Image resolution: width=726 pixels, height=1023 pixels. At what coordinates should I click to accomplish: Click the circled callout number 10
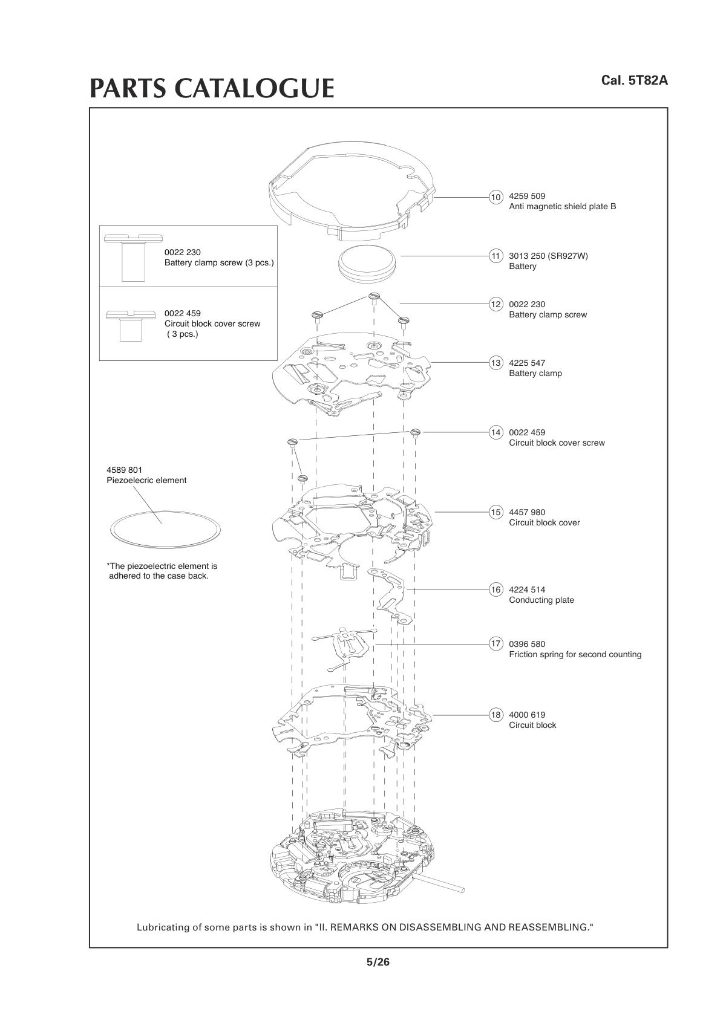pyautogui.click(x=496, y=197)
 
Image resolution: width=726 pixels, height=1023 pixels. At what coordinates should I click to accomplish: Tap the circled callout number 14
pyautogui.click(x=496, y=432)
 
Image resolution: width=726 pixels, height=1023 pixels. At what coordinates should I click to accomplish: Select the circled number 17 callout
pyautogui.click(x=496, y=644)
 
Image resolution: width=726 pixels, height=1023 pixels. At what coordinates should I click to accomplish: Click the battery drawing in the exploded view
pyautogui.click(x=367, y=262)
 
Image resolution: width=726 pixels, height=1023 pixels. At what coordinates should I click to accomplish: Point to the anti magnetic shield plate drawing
pyautogui.click(x=351, y=187)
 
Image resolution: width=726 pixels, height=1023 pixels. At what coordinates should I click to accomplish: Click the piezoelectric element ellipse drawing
pyautogui.click(x=165, y=530)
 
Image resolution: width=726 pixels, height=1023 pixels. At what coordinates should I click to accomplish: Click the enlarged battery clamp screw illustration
pyautogui.click(x=132, y=258)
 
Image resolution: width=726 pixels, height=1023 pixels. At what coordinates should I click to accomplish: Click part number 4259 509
pyautogui.click(x=527, y=196)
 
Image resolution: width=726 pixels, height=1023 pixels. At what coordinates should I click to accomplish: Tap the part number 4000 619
pyautogui.click(x=527, y=715)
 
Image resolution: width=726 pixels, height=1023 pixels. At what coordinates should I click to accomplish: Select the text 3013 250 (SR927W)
pyautogui.click(x=548, y=256)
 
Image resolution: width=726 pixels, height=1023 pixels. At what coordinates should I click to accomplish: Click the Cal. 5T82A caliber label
pyautogui.click(x=634, y=80)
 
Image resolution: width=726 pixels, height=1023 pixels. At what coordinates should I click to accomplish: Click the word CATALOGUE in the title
pyautogui.click(x=254, y=88)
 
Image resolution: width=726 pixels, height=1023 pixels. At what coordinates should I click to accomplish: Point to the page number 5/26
pyautogui.click(x=378, y=962)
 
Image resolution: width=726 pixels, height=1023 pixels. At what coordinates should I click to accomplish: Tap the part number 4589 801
pyautogui.click(x=125, y=470)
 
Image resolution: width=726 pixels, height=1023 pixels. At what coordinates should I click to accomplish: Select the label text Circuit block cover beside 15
pyautogui.click(x=544, y=523)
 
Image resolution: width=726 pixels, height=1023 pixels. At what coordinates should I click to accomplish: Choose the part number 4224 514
pyautogui.click(x=527, y=589)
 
